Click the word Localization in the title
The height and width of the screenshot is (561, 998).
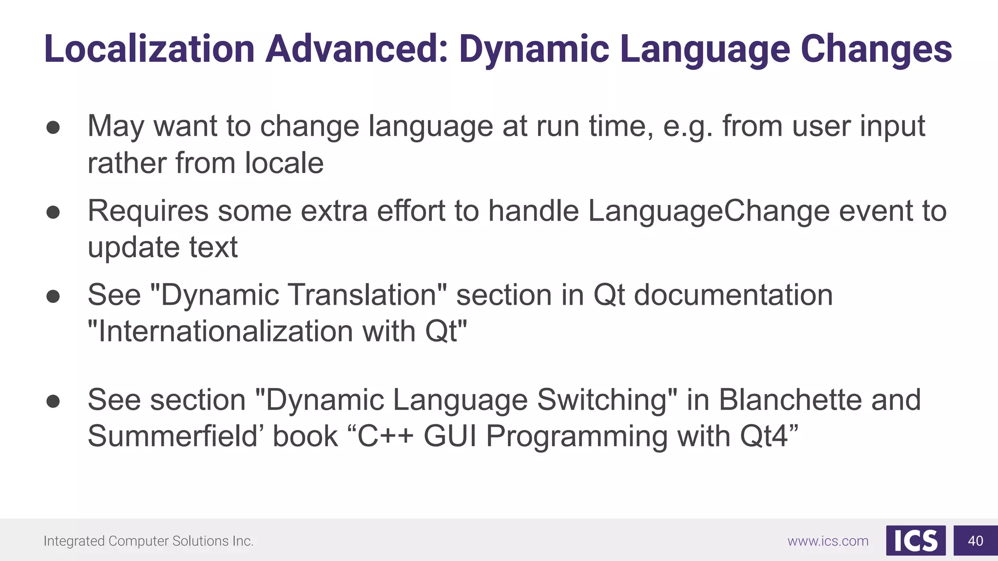[149, 49]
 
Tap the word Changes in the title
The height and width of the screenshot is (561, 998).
[876, 49]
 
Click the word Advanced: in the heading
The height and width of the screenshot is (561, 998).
[356, 49]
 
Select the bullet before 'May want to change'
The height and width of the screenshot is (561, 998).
[53, 128]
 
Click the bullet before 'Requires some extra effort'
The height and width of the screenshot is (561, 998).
[53, 212]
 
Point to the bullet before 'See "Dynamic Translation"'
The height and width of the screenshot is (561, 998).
[53, 297]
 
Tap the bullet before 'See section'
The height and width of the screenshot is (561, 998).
[53, 401]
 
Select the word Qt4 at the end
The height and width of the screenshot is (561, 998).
[764, 436]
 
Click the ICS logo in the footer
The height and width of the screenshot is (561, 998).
[916, 541]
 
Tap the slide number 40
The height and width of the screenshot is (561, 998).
[975, 541]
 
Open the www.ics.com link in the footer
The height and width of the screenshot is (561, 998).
[828, 541]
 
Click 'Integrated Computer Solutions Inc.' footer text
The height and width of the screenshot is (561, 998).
[149, 541]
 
